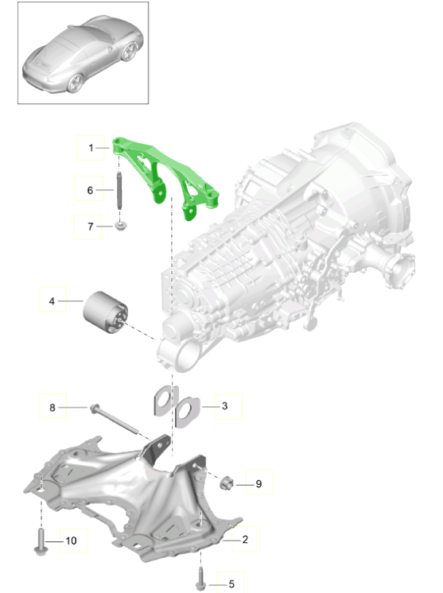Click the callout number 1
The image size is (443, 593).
coord(91,148)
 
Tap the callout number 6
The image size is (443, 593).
coord(90,190)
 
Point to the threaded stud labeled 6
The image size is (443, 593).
coord(119,190)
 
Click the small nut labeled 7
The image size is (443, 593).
coord(121,227)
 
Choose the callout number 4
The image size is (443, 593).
coord(52,301)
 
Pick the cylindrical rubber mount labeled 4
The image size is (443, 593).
coord(106,312)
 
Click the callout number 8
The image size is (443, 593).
coord(52,407)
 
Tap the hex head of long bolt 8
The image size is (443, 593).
coord(94,408)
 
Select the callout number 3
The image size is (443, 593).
coord(225,406)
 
